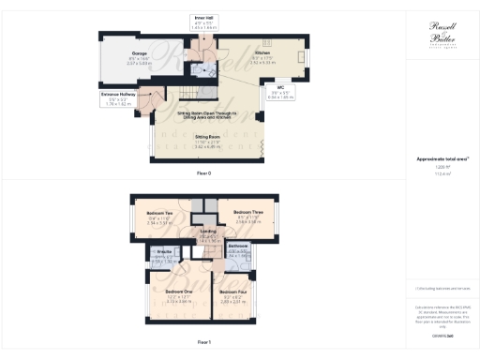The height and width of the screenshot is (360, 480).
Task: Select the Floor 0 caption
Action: (203, 174)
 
